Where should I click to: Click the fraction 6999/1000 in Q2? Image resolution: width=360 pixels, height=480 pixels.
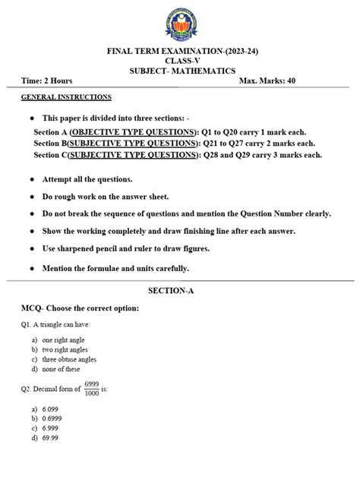(x=91, y=389)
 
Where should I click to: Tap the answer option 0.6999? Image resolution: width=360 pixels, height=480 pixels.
(x=52, y=418)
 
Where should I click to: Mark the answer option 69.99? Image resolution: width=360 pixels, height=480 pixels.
(x=50, y=438)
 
